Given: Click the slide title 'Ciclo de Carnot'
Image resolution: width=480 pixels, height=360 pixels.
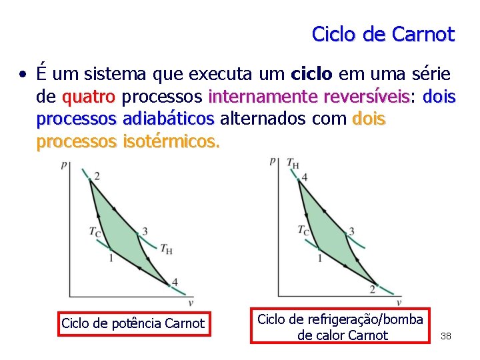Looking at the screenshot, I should [x=383, y=34].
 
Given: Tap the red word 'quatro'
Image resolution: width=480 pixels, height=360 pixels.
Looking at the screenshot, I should [x=89, y=97].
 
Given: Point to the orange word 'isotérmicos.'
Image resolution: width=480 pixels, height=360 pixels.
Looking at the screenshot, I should [x=171, y=141].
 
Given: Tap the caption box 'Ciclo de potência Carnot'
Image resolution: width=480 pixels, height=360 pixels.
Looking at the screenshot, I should [x=133, y=323].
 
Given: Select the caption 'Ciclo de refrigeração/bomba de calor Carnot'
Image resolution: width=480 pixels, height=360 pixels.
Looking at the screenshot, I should [x=340, y=326].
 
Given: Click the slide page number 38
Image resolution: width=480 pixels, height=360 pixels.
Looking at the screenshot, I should [x=446, y=336].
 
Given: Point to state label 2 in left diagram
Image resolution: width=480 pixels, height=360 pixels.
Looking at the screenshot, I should [x=98, y=176].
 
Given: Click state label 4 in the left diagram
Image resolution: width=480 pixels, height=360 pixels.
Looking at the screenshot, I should [x=175, y=282].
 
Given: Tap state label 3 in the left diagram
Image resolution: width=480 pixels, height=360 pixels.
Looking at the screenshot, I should [x=144, y=231].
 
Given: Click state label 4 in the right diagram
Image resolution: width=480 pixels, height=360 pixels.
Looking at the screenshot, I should [x=304, y=177].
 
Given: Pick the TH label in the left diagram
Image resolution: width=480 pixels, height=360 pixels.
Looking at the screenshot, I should [x=165, y=248].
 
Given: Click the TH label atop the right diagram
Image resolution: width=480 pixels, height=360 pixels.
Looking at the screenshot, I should [x=293, y=162].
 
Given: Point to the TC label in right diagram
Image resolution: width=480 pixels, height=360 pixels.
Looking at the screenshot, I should [x=303, y=231].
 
